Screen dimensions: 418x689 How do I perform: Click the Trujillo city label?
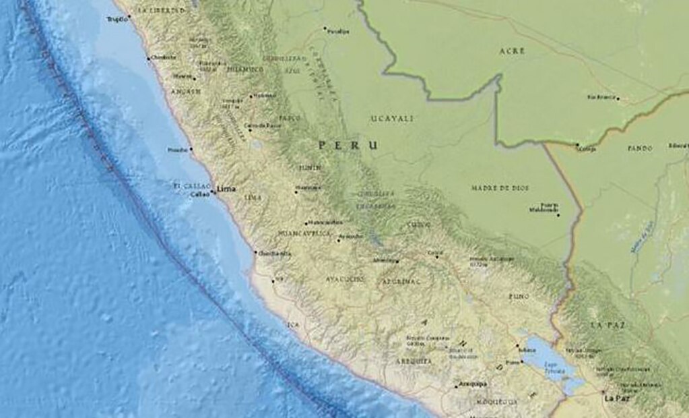click(117, 20)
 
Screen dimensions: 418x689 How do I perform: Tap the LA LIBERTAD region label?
click(160, 11)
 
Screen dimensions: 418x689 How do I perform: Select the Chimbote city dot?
click(149, 59)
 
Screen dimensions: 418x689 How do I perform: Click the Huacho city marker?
click(191, 150)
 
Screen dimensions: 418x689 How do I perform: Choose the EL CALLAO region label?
click(189, 185)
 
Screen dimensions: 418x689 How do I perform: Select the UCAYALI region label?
click(392, 118)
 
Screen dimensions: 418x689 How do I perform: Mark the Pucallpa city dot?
click(325, 29)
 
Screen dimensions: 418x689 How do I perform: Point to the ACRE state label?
click(512, 51)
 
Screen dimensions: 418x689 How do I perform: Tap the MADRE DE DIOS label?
click(500, 188)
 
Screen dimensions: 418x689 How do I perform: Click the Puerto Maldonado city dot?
click(558, 214)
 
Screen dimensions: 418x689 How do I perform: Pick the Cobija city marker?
click(577, 144)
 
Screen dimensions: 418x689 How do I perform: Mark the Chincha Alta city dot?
click(255, 253)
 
